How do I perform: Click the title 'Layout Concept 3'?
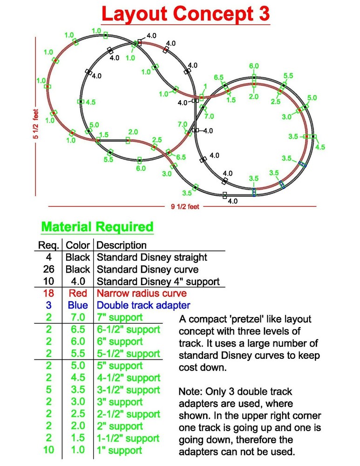coord(185,14)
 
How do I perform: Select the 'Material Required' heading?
coord(97,227)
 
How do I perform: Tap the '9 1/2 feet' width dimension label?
coord(185,206)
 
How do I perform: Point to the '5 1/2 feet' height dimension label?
coord(36,124)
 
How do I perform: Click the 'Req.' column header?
coord(48,245)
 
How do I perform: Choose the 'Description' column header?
coord(122,245)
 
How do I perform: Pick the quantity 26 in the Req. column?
coord(49,269)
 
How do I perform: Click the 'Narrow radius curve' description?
coord(142,293)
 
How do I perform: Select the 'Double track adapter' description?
coord(143,305)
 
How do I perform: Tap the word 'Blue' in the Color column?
coord(78,305)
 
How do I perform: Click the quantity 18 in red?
coord(49,293)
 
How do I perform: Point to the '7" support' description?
coord(120,317)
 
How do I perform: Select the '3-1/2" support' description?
coord(129,390)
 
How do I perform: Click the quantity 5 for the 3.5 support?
coord(49,390)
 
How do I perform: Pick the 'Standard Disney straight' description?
coord(152,257)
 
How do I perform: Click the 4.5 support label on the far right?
coord(320,147)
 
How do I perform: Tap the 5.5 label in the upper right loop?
coord(288,76)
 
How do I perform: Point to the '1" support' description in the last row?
coord(119,451)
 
